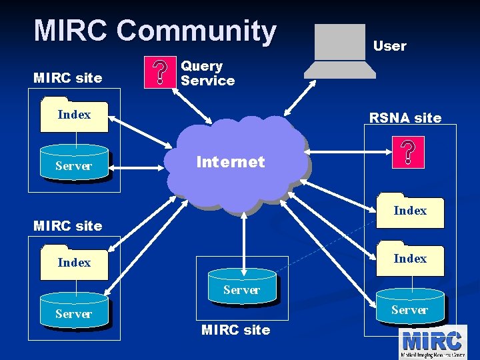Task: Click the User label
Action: coord(389,46)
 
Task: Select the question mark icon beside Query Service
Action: coord(160,73)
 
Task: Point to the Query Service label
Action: coord(207,73)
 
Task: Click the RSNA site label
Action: coord(405,118)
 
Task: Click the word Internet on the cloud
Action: coord(230,162)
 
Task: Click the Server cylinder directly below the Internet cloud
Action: coord(241,287)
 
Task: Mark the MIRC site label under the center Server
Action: coord(235,330)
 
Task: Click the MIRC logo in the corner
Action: coord(432,341)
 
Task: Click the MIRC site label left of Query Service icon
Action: coord(67,78)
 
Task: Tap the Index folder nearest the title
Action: coord(74,113)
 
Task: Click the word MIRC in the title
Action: coord(71,31)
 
